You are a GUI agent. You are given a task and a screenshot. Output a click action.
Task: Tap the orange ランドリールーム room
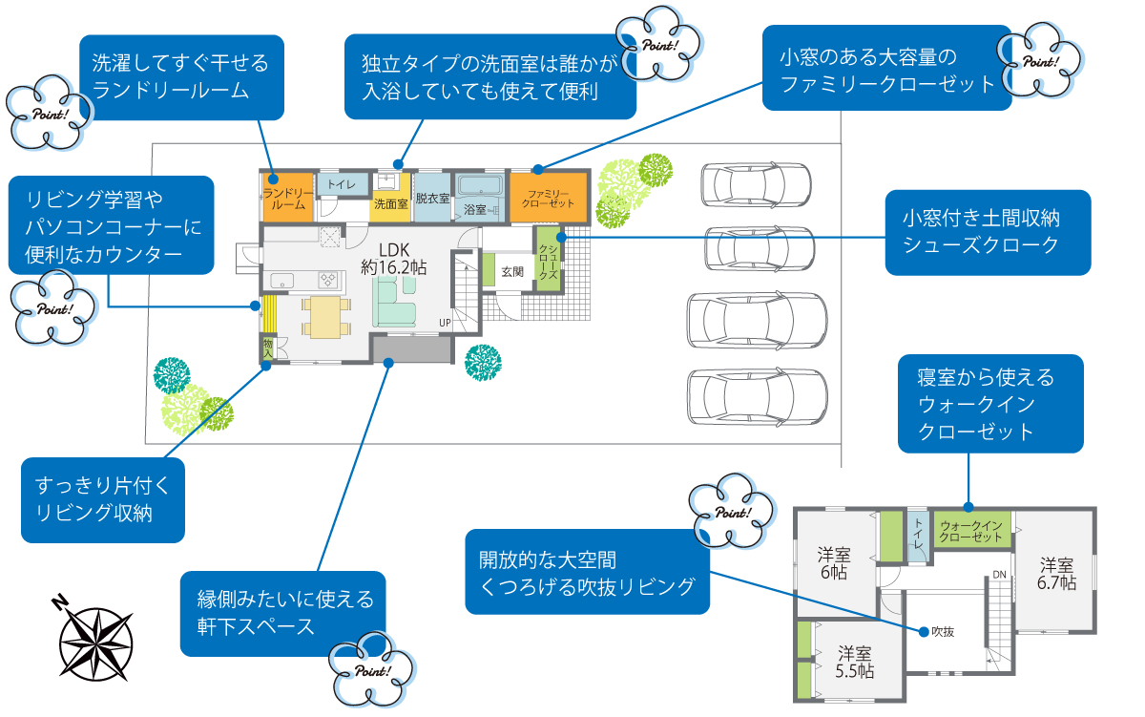pyautogui.click(x=287, y=198)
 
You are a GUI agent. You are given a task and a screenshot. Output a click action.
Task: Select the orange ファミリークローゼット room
pyautogui.click(x=548, y=198)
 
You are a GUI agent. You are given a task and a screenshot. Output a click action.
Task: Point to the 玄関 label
pyautogui.click(x=512, y=271)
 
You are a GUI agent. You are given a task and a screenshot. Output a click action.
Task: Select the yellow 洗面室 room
pyautogui.click(x=390, y=197)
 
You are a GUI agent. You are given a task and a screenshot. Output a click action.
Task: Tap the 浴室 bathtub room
pyautogui.click(x=479, y=196)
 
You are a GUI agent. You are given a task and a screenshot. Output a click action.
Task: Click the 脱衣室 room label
pyautogui.click(x=432, y=198)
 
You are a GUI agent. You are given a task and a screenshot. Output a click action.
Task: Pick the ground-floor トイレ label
pyautogui.click(x=341, y=184)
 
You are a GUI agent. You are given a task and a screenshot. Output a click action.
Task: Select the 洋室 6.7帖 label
pyautogui.click(x=1057, y=573)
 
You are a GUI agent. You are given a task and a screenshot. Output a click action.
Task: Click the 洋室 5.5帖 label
pyautogui.click(x=854, y=662)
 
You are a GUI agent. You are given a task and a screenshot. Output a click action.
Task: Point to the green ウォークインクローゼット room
pyautogui.click(x=970, y=531)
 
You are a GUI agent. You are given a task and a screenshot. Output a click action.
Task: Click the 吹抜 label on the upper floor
pyautogui.click(x=943, y=631)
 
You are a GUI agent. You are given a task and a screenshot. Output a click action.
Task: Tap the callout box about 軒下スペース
pyautogui.click(x=283, y=613)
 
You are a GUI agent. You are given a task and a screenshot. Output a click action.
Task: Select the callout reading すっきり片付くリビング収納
pyautogui.click(x=102, y=499)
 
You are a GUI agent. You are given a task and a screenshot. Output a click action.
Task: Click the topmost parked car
pyautogui.click(x=756, y=184)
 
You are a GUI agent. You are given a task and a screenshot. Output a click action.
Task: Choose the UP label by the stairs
pyautogui.click(x=445, y=323)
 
